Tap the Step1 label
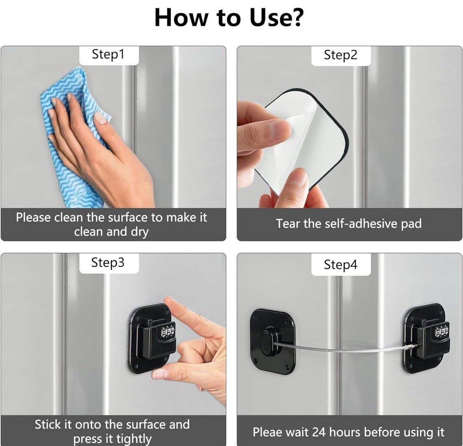click(108, 54)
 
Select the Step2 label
click(340, 55)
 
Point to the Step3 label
click(108, 262)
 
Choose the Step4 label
click(340, 264)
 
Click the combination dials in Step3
click(168, 332)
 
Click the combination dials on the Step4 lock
click(442, 331)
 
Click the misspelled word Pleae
click(268, 432)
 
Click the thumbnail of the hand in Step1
click(100, 118)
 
